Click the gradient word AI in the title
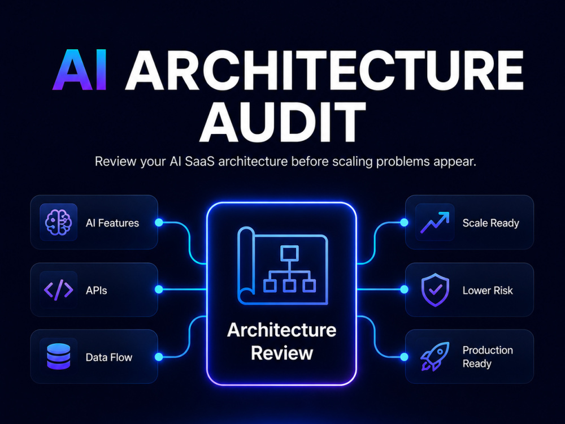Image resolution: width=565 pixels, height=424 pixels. coord(80,70)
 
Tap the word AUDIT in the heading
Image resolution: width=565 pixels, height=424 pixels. coord(283,122)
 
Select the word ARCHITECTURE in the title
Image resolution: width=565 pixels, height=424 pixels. coord(324,70)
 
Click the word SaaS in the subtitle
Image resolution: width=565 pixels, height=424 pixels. coord(199,161)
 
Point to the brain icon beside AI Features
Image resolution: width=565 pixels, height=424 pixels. coord(58,222)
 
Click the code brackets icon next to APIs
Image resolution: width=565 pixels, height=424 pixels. coord(58,290)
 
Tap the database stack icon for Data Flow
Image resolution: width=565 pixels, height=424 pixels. coord(58,357)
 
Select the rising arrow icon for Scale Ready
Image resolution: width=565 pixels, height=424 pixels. coord(435,222)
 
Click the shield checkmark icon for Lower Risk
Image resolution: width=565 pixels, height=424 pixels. coord(435,290)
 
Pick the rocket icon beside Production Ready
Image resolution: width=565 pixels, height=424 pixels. coord(435,357)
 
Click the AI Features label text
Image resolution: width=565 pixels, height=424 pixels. coord(112,223)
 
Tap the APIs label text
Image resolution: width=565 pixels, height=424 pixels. coord(96,290)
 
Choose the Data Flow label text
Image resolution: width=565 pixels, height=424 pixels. coord(109,357)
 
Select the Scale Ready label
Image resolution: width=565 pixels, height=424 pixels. coord(491,223)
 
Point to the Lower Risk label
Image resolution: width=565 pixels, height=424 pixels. coord(488,290)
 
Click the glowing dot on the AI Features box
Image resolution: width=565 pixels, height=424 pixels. coord(159,222)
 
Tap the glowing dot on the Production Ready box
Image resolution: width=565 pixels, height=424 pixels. coord(405,357)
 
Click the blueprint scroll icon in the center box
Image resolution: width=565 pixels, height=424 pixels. coord(282,266)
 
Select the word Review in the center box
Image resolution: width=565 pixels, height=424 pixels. coord(282,353)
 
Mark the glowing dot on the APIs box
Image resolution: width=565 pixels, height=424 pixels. coord(159,289)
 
